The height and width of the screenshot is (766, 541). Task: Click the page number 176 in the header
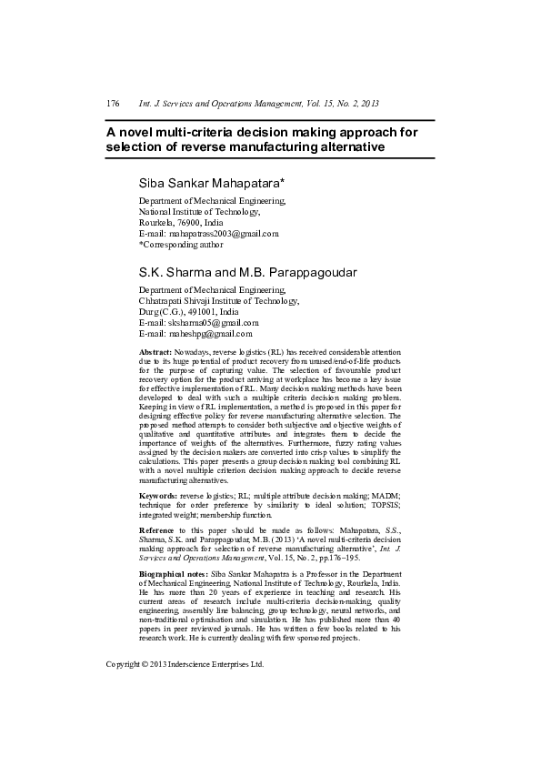pos(113,105)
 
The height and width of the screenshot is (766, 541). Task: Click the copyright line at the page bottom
pos(185,664)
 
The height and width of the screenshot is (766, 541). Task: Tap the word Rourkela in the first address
pos(156,222)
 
